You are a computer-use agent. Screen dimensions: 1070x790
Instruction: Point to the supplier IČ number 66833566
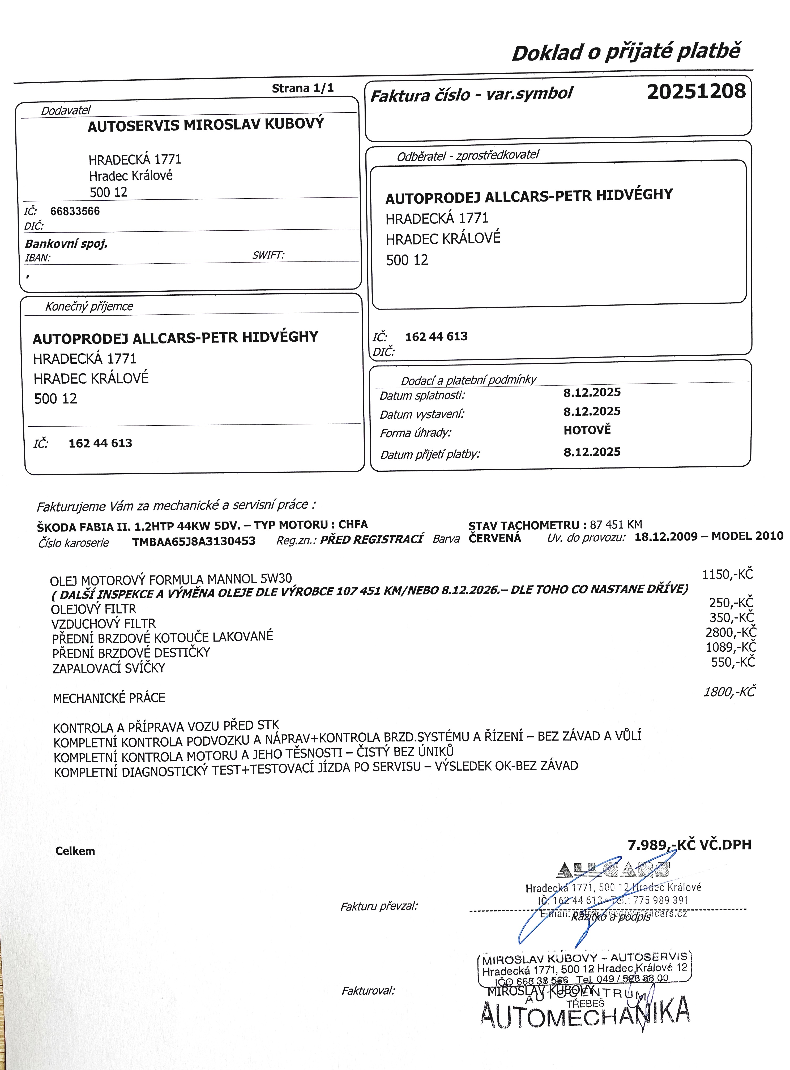pyautogui.click(x=75, y=211)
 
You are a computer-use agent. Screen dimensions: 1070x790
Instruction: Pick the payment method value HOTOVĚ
pyautogui.click(x=587, y=430)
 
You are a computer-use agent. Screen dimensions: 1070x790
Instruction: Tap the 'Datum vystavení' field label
pyautogui.click(x=422, y=414)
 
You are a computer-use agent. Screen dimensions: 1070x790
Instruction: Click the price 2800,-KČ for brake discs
pyautogui.click(x=731, y=632)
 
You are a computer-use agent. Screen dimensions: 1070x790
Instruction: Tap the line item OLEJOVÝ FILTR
pyautogui.click(x=94, y=609)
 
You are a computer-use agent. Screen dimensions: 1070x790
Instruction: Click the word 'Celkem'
pyautogui.click(x=75, y=851)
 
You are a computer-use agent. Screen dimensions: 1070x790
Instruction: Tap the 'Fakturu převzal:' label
pyautogui.click(x=379, y=906)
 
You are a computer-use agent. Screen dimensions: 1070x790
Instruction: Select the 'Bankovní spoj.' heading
pyautogui.click(x=66, y=244)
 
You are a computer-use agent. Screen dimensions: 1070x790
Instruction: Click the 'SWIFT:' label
pyautogui.click(x=268, y=255)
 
